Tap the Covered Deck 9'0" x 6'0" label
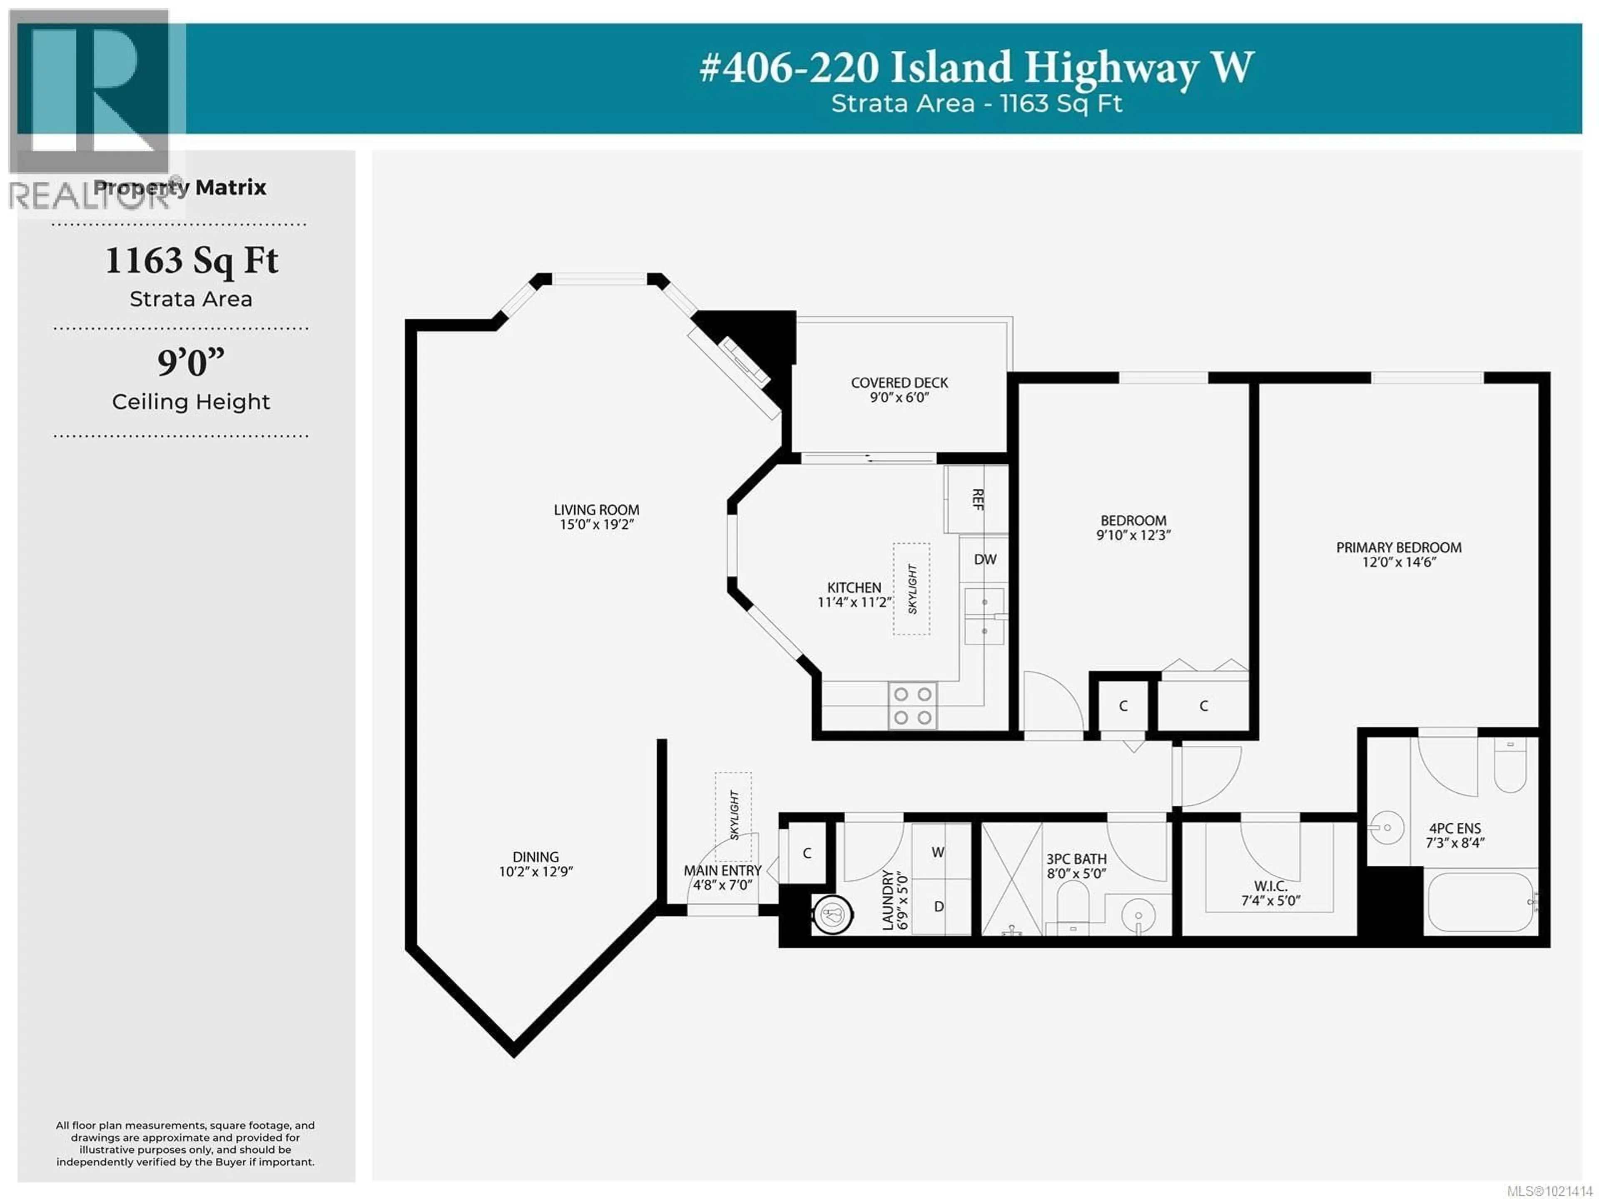(x=899, y=390)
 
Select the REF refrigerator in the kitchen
(x=976, y=499)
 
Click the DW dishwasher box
(x=984, y=559)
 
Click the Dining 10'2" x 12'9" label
(x=535, y=864)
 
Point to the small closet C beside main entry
(x=807, y=853)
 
